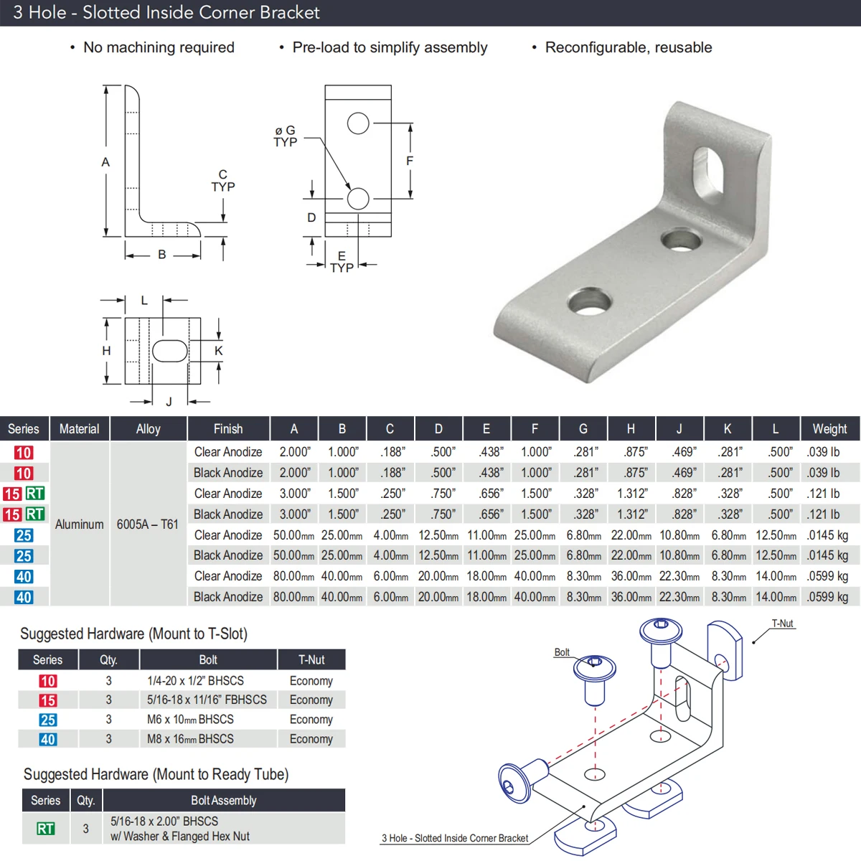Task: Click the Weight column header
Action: pyautogui.click(x=829, y=428)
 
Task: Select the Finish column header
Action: pyautogui.click(x=228, y=428)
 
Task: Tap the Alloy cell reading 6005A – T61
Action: pyautogui.click(x=148, y=524)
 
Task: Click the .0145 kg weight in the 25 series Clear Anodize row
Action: pyautogui.click(x=827, y=535)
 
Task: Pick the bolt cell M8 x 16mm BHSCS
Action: pyautogui.click(x=190, y=739)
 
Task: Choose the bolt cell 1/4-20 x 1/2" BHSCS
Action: pyautogui.click(x=195, y=681)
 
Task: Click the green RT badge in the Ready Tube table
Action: pyautogui.click(x=45, y=829)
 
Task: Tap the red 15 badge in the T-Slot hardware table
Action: pyautogui.click(x=48, y=700)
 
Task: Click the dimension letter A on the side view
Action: pyautogui.click(x=105, y=162)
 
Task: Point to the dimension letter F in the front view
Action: pyautogui.click(x=410, y=161)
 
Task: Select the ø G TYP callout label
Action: pyautogui.click(x=285, y=136)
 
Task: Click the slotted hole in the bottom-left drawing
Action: pyautogui.click(x=170, y=351)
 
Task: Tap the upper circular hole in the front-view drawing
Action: pyautogui.click(x=358, y=123)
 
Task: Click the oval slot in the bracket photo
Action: pyautogui.click(x=710, y=171)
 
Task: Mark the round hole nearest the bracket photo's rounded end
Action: pyautogui.click(x=589, y=301)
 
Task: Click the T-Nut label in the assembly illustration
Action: pyautogui.click(x=782, y=624)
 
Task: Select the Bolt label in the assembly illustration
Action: pyautogui.click(x=562, y=652)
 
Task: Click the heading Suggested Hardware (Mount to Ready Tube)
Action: pyautogui.click(x=156, y=774)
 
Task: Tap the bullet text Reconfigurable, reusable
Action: pyautogui.click(x=629, y=47)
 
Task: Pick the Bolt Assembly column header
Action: pyautogui.click(x=223, y=800)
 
